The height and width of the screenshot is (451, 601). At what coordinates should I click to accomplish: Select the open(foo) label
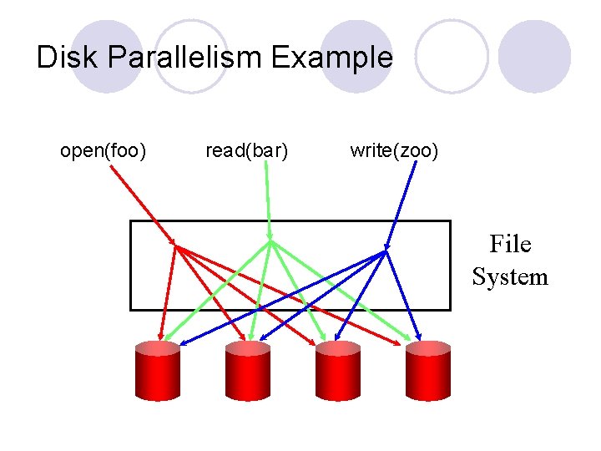(x=104, y=151)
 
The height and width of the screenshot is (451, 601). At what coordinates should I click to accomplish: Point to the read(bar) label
(x=247, y=151)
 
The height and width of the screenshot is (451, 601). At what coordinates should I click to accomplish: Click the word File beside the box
(x=510, y=245)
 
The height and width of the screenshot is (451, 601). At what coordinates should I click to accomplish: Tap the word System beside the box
(x=510, y=276)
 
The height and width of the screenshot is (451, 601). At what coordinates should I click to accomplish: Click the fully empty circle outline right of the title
(x=452, y=56)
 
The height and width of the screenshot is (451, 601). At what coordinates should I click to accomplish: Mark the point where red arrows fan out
(x=175, y=246)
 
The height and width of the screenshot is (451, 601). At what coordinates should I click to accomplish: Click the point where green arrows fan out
(x=270, y=243)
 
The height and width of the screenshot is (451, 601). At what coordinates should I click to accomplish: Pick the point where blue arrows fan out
(x=386, y=251)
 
